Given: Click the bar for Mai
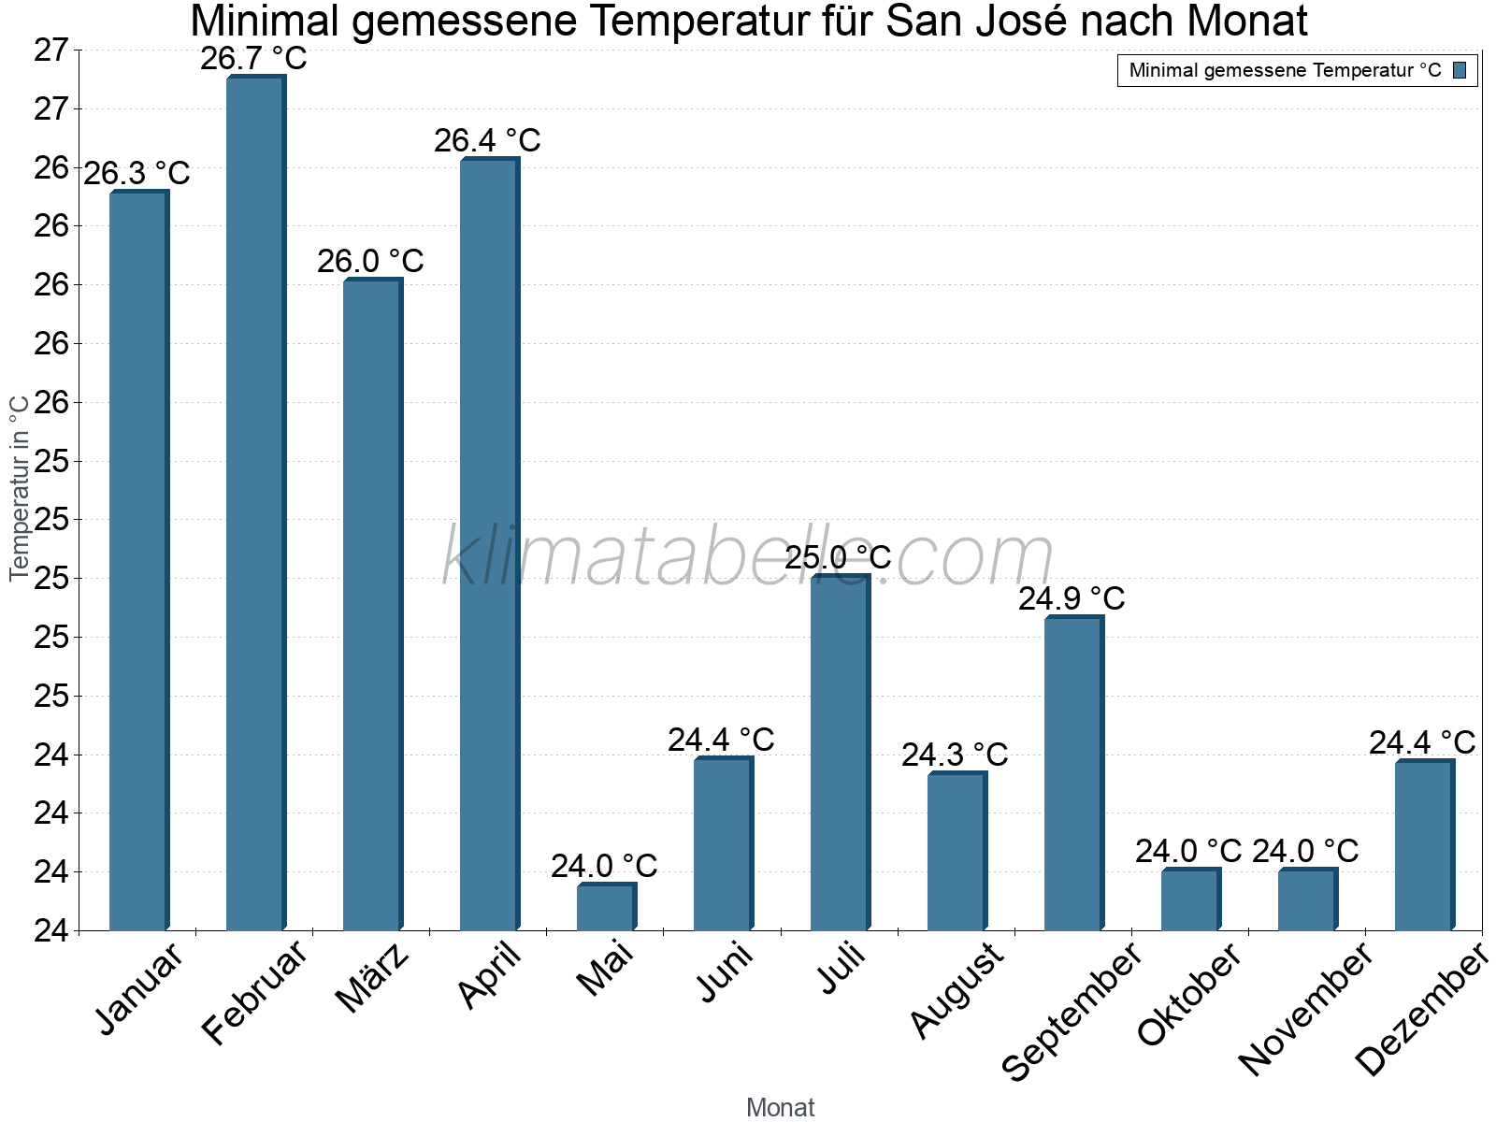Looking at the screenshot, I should [x=606, y=907].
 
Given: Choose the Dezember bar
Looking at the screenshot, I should [x=1424, y=845].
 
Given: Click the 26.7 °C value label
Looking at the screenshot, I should [x=253, y=59].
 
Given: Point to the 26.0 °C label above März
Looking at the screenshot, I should [x=370, y=262].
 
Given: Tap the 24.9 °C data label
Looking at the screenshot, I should [x=1072, y=598].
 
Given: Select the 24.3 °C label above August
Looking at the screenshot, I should [x=955, y=755].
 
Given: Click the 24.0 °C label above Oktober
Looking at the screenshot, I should [x=1188, y=851].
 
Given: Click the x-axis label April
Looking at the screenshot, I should [x=490, y=976].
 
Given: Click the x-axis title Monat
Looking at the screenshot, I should [x=781, y=1107].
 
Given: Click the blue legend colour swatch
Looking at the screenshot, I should [x=1460, y=70].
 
